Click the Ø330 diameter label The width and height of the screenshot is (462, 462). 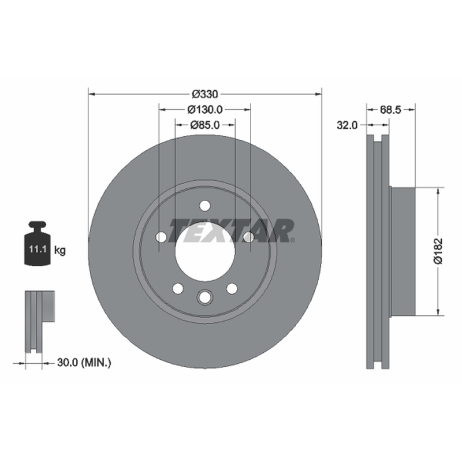[x=205, y=94]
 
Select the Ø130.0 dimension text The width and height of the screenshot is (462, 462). [x=205, y=110]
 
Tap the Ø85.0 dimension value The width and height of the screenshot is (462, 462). [x=205, y=125]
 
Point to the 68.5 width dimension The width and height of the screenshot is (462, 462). [x=391, y=110]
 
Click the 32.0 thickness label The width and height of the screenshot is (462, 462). [x=347, y=125]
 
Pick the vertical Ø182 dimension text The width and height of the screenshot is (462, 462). [x=438, y=251]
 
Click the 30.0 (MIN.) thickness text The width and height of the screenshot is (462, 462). [x=84, y=363]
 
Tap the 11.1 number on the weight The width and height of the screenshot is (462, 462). [x=38, y=249]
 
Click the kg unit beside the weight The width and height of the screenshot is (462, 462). [x=60, y=251]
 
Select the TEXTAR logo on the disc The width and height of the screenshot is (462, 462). [x=232, y=230]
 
